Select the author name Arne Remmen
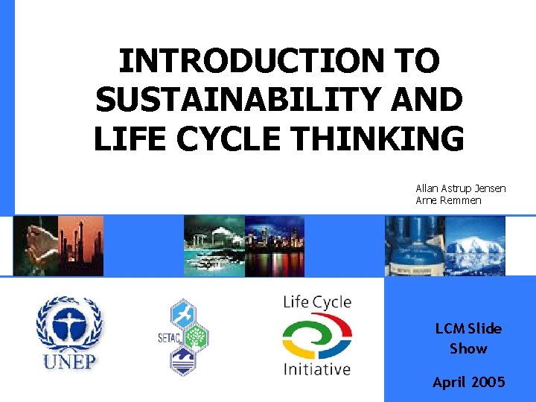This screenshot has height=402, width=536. click(448, 201)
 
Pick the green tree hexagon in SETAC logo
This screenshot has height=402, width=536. click(196, 336)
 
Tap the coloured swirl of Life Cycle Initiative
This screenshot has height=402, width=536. click(316, 336)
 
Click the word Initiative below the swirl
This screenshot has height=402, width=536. click(316, 368)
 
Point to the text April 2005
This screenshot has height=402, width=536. click(469, 382)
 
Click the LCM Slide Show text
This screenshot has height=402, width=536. click(469, 338)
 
